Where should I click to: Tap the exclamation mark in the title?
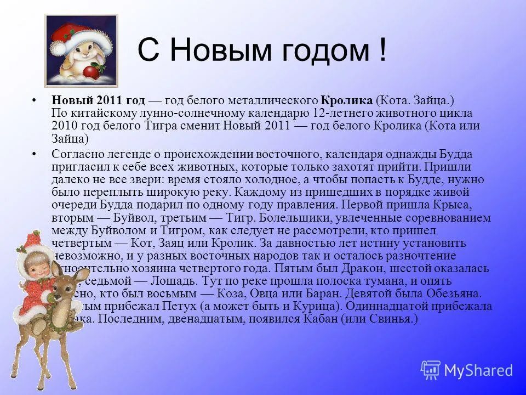click(381, 50)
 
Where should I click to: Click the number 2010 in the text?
click(65, 126)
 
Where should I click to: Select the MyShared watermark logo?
click(467, 370)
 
